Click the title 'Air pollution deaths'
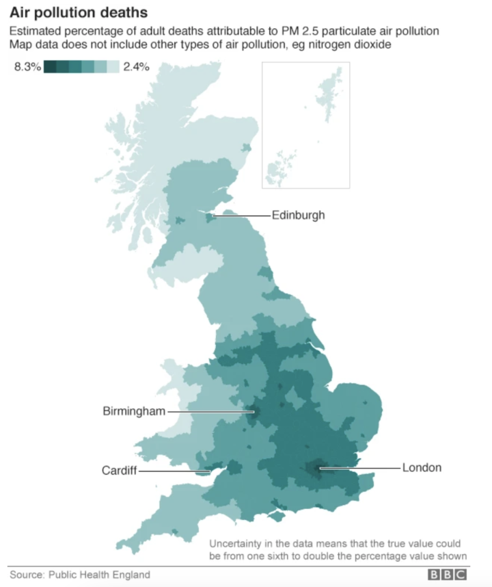click(x=78, y=13)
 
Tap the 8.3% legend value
click(x=27, y=67)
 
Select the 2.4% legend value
click(x=137, y=67)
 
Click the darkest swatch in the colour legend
click(x=49, y=67)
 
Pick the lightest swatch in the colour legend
click(x=113, y=67)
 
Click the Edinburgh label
click(x=298, y=216)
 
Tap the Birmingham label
click(x=134, y=411)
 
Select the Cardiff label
click(x=120, y=471)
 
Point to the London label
click(x=422, y=468)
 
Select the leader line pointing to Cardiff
click(x=174, y=471)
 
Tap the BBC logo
click(x=448, y=575)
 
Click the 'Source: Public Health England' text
click(x=80, y=575)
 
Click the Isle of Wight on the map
click(x=278, y=513)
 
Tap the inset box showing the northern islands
click(x=305, y=125)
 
